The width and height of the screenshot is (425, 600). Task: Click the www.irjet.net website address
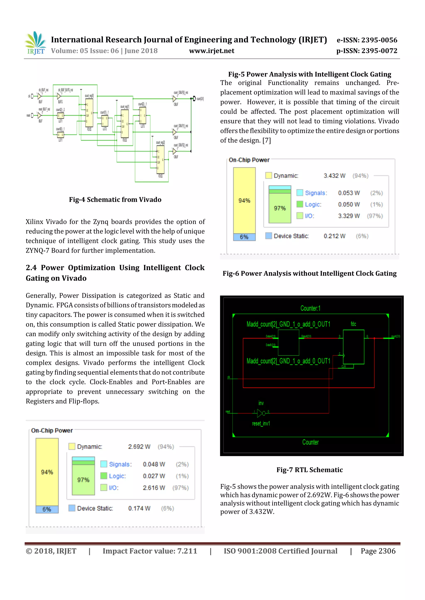point(211,51)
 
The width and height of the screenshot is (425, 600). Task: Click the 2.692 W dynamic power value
point(139,447)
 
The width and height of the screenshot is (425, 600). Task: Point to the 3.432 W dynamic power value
point(335,176)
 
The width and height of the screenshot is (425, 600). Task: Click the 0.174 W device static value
point(139,508)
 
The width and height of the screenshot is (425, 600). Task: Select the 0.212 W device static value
point(335,236)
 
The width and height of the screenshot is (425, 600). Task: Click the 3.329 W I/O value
point(349,216)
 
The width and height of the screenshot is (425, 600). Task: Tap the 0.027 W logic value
point(154,476)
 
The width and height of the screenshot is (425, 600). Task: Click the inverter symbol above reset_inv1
point(261,413)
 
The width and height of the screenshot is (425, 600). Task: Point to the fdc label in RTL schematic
point(353,324)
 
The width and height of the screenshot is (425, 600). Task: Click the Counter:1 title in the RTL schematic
point(310,308)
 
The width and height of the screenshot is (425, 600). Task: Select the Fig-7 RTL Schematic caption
point(310,470)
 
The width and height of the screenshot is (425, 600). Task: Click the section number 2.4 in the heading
point(31,268)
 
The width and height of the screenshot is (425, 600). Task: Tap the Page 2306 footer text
point(378,551)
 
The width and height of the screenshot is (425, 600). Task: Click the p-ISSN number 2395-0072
point(379,51)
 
